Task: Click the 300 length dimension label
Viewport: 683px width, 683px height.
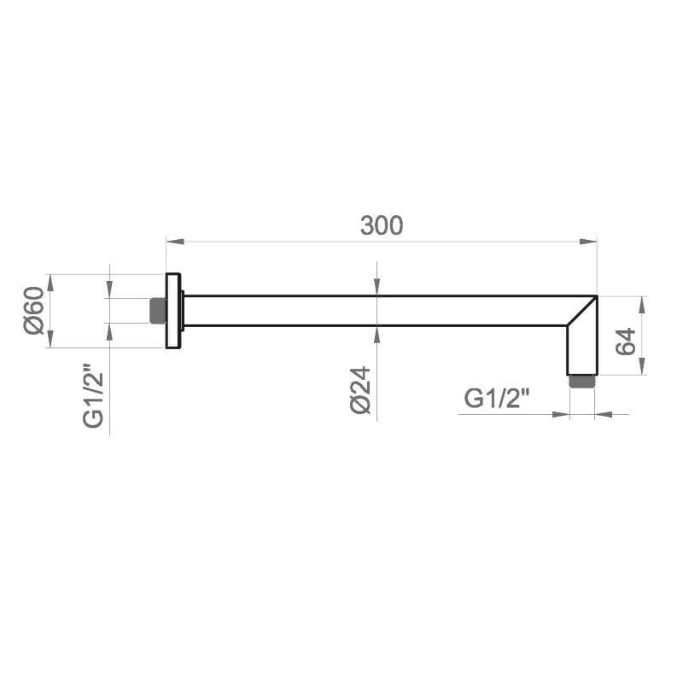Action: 382,225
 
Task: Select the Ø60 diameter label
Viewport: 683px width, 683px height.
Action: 34,311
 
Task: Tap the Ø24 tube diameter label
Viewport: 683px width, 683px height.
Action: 360,390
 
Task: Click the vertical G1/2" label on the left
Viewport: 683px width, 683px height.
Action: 93,395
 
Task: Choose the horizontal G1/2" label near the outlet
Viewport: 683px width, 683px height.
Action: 497,398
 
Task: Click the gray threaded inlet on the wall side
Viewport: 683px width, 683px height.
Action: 158,311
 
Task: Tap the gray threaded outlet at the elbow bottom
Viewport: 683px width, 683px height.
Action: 582,381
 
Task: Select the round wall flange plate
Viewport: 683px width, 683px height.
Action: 173,311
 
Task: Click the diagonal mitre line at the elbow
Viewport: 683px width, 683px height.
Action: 581,311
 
